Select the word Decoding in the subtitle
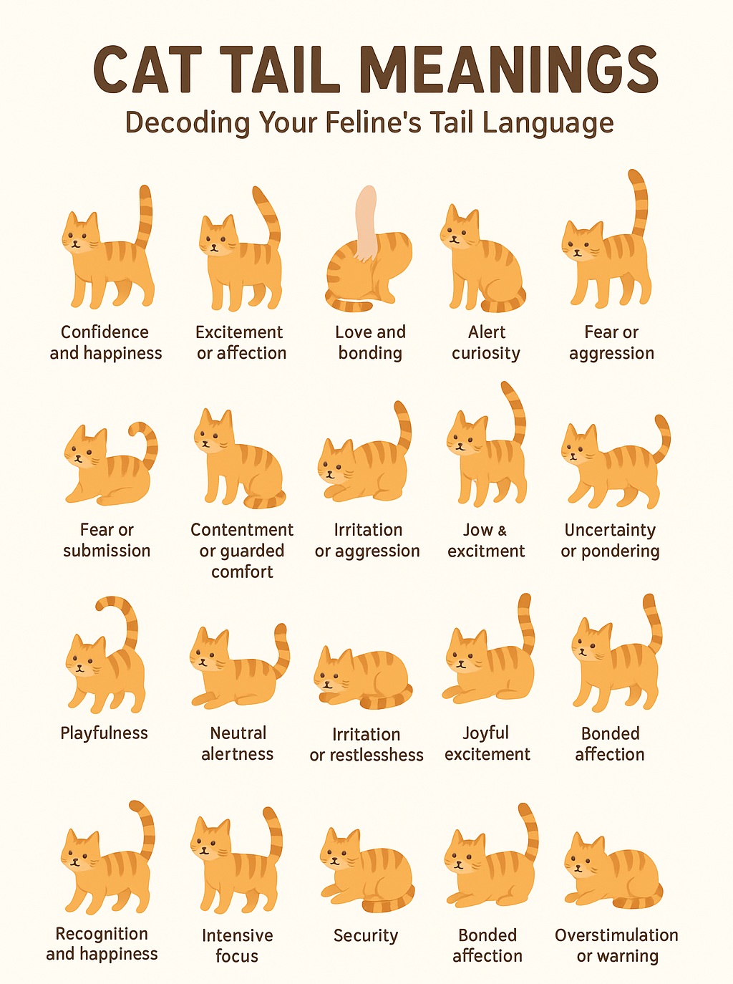188,122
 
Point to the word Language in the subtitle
548,123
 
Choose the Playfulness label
104,733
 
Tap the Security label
366,935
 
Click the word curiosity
486,353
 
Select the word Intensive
237,935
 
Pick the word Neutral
238,733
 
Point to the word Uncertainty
610,530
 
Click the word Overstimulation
616,935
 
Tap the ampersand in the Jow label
503,531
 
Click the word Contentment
242,530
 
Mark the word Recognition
102,934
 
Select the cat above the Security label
367,871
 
